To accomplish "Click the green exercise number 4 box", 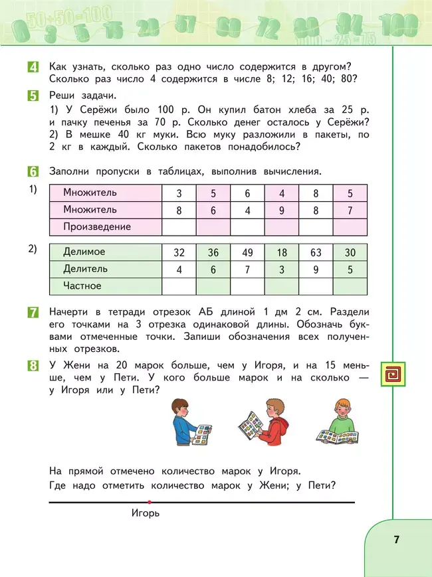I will [33, 66].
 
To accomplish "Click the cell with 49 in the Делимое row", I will [247, 252].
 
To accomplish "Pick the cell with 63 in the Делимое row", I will [316, 252].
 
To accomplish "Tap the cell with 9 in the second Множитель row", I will [282, 210].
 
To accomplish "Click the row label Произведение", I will [97, 227].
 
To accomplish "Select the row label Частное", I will [82, 286].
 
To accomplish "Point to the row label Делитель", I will [86, 270].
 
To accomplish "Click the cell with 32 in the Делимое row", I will [179, 252].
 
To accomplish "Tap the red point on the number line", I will [150, 502].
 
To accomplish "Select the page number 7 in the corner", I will [396, 539].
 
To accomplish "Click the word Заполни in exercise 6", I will [70, 171].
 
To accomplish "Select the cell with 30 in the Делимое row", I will [350, 252].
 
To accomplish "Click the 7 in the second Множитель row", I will [350, 210].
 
